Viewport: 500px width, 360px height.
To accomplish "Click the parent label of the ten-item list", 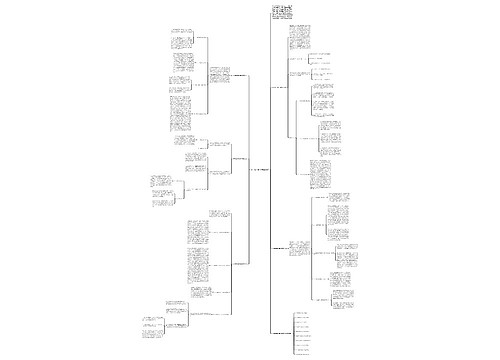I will tap(286, 332).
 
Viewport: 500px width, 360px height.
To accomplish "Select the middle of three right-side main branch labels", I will tap(284, 246).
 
